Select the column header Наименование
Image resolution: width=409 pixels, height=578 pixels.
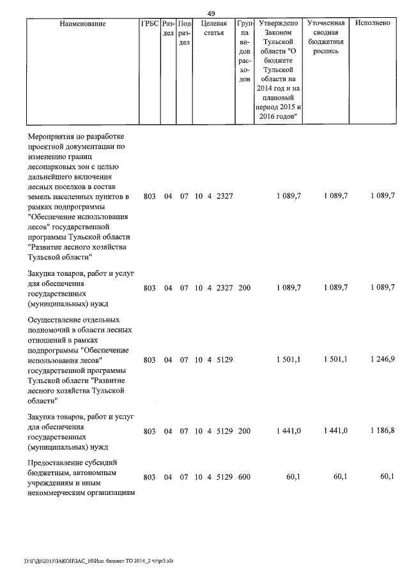(82, 24)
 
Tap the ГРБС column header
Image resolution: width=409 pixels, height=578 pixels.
(149, 24)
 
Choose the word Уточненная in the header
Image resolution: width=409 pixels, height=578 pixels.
(326, 24)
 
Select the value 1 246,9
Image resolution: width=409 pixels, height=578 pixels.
(382, 360)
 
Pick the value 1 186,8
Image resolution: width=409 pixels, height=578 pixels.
(382, 431)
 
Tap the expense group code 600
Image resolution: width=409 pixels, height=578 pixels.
(244, 477)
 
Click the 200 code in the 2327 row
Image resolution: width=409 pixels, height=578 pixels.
(244, 288)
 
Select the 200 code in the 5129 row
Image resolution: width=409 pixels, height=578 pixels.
(244, 431)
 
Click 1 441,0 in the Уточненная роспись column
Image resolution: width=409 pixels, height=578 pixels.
(335, 431)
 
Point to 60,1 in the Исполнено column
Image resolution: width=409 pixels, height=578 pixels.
(387, 477)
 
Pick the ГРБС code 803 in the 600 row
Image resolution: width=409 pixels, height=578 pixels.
(150, 477)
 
